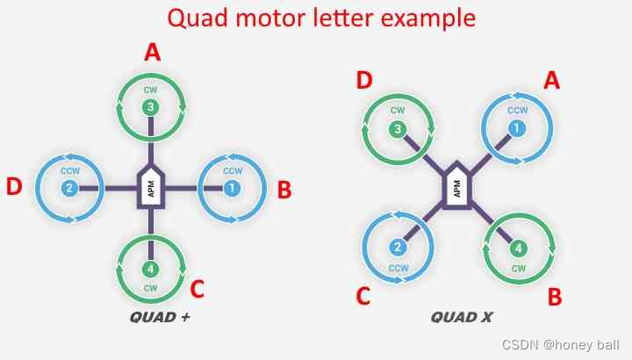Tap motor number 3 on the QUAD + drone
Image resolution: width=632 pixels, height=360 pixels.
pos(151,108)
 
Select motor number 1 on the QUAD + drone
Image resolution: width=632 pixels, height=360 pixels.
pos(232,188)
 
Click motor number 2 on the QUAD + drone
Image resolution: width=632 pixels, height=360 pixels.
pos(70,188)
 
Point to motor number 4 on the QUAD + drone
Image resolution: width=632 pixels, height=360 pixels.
pos(151,269)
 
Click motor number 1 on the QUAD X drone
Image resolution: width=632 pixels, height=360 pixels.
pos(516,128)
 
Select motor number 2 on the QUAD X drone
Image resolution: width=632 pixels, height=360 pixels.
pos(398,247)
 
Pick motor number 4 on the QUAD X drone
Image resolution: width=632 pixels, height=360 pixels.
pos(517,248)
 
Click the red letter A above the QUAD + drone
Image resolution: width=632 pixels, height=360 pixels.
pos(153,54)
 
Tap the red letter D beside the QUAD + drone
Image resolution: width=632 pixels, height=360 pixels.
pos(14,187)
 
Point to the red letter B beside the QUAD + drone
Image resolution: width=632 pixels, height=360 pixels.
pos(284,190)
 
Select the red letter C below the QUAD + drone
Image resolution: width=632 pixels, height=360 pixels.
pos(197,288)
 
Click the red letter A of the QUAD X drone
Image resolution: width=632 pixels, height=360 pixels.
pos(552,81)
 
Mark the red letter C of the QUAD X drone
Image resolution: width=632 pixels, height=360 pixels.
pos(363,297)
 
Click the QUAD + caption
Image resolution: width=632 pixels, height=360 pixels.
pos(160,317)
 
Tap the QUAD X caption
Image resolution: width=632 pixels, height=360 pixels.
pos(462,317)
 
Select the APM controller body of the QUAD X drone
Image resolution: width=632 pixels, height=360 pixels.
pos(456,187)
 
